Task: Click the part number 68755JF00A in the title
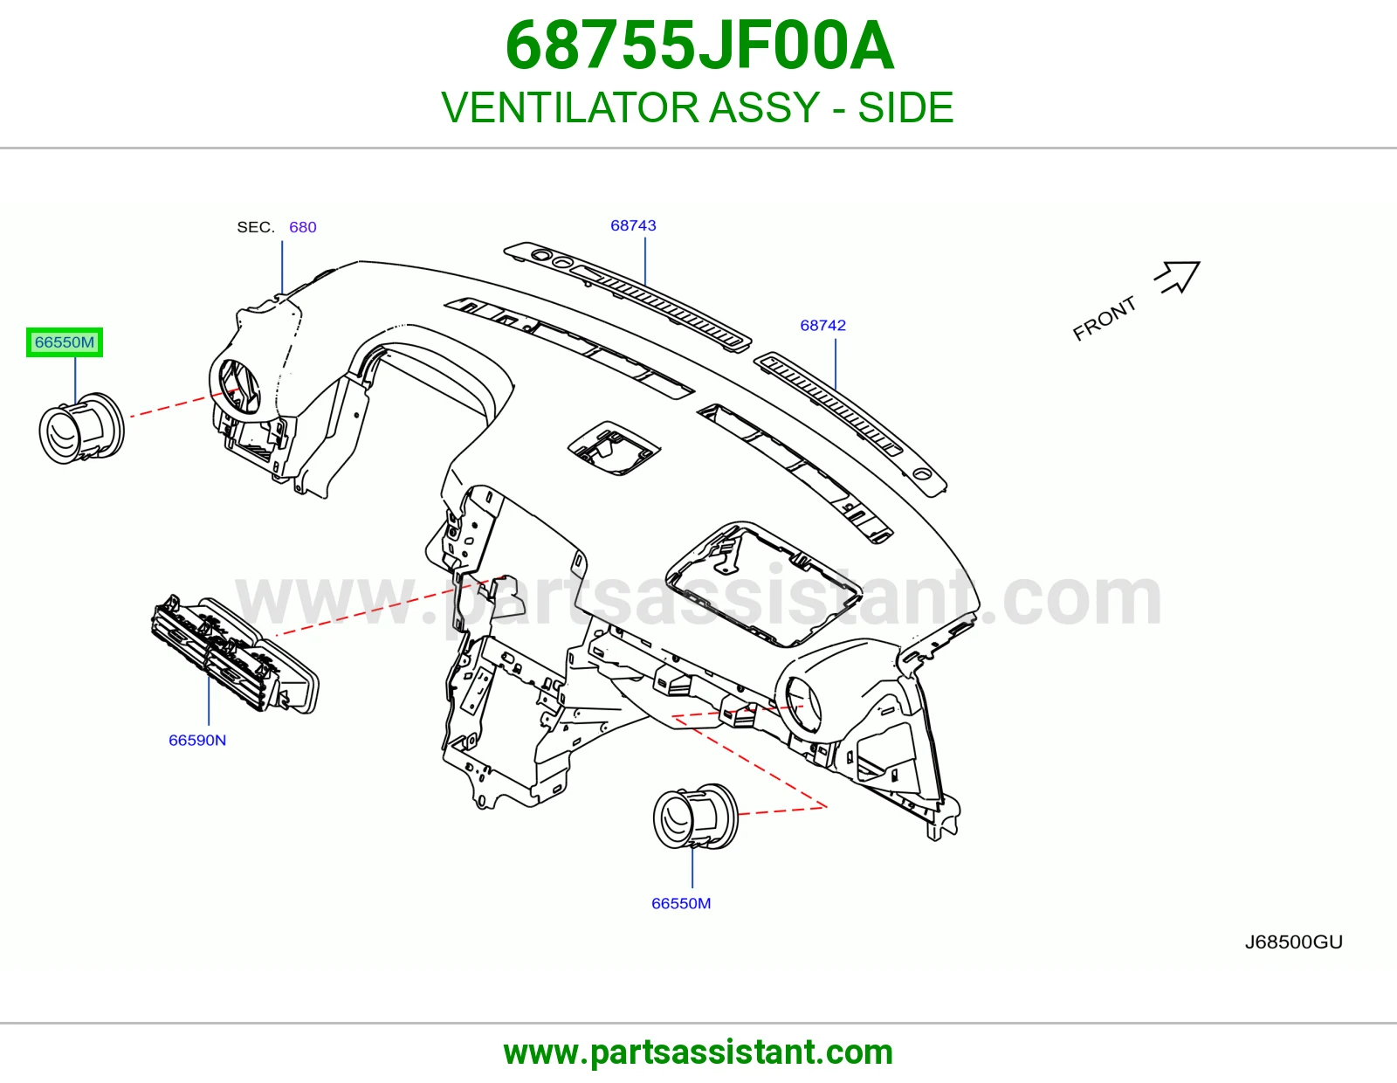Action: [x=698, y=45]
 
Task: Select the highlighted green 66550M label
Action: [x=65, y=341]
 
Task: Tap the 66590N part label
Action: [x=197, y=741]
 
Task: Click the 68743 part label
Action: [x=633, y=225]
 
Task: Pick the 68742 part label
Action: [x=822, y=326]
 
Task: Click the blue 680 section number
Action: [x=303, y=227]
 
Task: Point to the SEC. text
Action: [x=256, y=227]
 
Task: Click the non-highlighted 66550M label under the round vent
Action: [x=681, y=904]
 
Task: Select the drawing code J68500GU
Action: [x=1293, y=942]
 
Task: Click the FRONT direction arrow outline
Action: [x=1178, y=277]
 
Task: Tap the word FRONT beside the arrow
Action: [x=1105, y=319]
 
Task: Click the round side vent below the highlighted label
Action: [x=82, y=427]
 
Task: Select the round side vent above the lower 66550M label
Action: [x=696, y=815]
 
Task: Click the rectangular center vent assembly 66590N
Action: [x=235, y=653]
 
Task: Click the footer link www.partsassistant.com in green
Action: [x=698, y=1052]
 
